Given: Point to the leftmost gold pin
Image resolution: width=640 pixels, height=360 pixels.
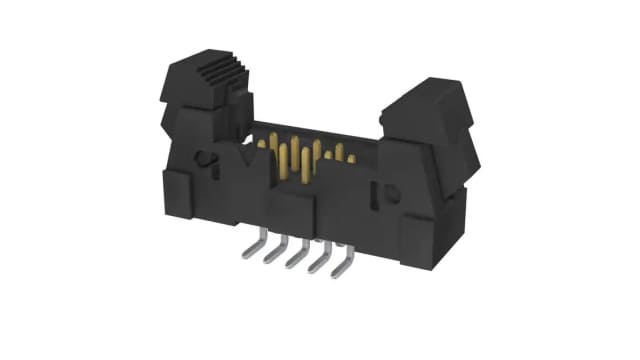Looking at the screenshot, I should [x=261, y=146].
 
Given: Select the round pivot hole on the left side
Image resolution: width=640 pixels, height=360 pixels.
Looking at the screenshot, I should [x=201, y=158].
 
